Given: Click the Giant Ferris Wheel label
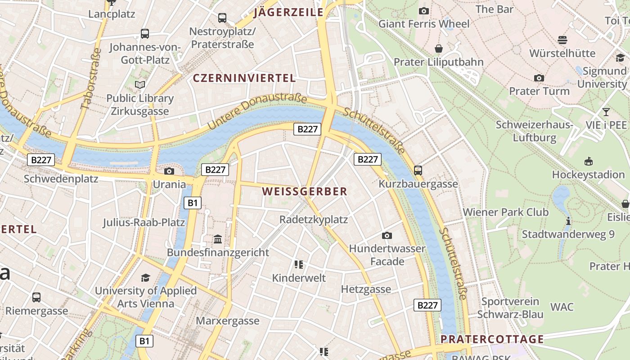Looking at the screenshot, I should click(424, 23).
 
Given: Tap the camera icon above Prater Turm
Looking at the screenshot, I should click(539, 78).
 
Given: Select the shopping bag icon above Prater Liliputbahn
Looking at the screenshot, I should click(439, 49).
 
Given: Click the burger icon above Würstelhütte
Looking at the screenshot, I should click(562, 40).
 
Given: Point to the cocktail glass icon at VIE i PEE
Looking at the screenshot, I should click(606, 112).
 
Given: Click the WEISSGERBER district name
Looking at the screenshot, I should click(305, 191).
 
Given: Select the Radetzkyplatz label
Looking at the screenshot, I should click(314, 220).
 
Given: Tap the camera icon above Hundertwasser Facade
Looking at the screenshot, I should click(387, 235).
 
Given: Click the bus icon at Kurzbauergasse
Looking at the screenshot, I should click(418, 171).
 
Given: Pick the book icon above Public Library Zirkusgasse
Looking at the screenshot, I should click(140, 85).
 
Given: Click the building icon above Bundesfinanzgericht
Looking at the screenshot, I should click(218, 239).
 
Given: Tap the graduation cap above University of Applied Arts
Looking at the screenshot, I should click(145, 278).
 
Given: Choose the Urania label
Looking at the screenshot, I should click(169, 184).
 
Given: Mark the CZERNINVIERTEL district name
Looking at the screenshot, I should click(244, 78).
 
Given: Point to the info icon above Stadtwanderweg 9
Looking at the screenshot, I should click(568, 221).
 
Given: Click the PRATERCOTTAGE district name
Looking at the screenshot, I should click(492, 339).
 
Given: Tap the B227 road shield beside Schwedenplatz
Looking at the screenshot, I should click(41, 160).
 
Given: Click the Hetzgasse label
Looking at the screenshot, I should click(366, 289).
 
